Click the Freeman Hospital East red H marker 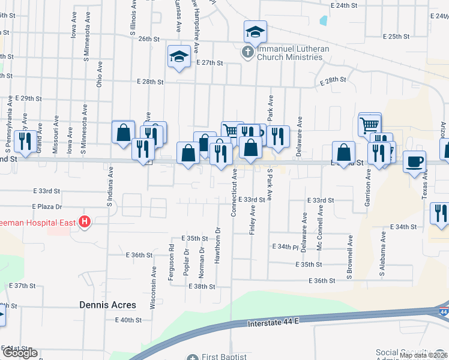point(85,223)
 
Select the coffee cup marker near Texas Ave point(415,161)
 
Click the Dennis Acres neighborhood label point(107,305)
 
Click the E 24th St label point(348,5)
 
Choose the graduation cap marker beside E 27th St point(178,57)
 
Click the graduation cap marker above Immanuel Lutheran point(255,32)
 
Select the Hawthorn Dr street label point(218,238)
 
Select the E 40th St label point(128,320)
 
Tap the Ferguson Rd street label point(172,254)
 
